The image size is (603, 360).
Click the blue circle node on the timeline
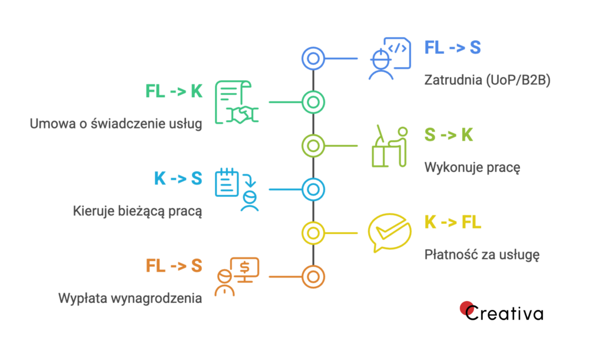click(313, 58)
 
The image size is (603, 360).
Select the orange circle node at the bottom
click(313, 276)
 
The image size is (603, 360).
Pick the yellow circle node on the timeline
click(313, 232)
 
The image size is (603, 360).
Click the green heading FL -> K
click(174, 91)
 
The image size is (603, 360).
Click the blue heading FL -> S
click(452, 48)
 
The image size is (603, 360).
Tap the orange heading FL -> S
click(174, 266)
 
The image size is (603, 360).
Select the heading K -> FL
click(453, 222)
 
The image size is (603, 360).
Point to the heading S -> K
click(449, 135)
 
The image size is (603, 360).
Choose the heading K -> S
click(178, 179)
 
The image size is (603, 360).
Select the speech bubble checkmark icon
click(388, 232)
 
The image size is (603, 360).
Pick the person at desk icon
click(389, 146)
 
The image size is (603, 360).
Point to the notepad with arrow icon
click(237, 189)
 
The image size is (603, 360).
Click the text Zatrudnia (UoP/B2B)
click(487, 81)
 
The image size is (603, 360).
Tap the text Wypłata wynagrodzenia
click(130, 298)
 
